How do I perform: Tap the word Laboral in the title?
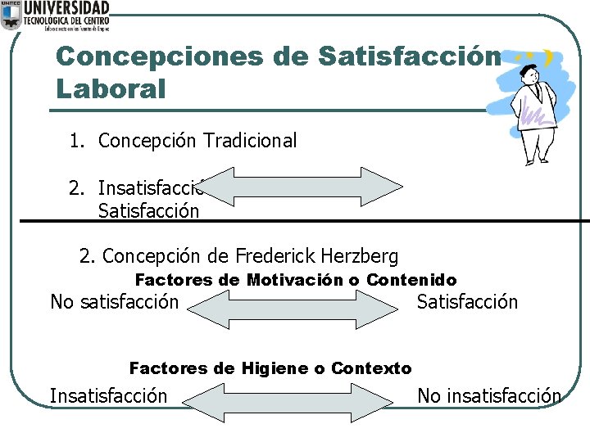point(111,88)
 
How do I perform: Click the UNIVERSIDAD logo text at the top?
point(67,8)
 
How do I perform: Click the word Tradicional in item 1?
point(250,141)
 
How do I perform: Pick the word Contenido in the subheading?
point(411,280)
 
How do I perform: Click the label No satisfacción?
point(114,302)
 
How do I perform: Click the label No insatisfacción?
point(489,396)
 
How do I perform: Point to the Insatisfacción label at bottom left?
point(108,396)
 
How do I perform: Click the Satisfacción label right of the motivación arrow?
point(467,302)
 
